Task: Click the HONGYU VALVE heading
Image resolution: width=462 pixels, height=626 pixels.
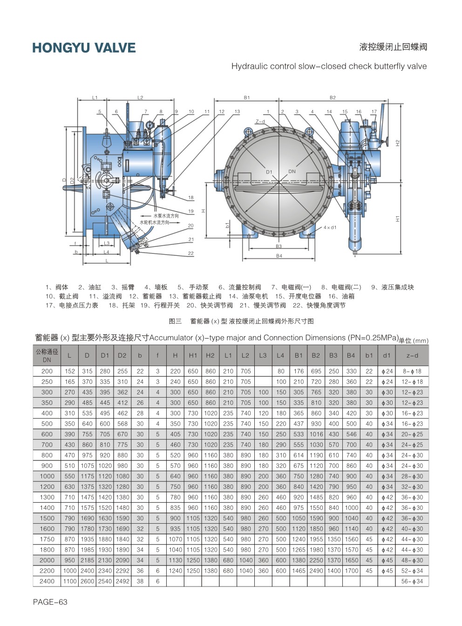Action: (x=84, y=47)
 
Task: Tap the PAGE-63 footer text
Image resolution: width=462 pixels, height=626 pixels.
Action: (x=50, y=602)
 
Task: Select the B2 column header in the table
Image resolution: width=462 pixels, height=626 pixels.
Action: (x=316, y=355)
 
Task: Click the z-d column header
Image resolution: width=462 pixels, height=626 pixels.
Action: (x=412, y=355)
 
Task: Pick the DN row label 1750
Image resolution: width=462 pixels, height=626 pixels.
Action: (x=47, y=539)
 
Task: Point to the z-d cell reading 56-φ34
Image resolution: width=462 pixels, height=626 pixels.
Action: (x=412, y=581)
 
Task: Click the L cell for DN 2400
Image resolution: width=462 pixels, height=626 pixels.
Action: (x=70, y=581)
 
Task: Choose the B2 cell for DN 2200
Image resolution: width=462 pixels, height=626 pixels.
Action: (x=316, y=571)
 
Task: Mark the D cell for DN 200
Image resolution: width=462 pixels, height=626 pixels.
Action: (x=87, y=371)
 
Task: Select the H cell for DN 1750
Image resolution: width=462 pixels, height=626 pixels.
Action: (x=175, y=539)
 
